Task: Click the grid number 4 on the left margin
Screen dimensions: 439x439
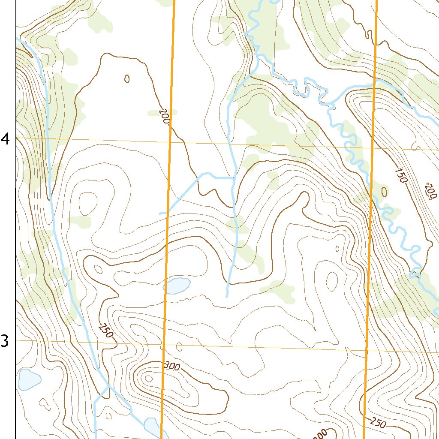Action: tap(6, 139)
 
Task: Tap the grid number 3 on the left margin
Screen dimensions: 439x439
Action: tap(5, 341)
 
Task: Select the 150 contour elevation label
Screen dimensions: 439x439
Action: tap(400, 176)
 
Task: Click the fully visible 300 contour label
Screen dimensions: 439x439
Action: tap(172, 366)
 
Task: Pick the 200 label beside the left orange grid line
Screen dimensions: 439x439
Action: tap(164, 116)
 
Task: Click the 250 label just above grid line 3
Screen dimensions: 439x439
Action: tap(105, 331)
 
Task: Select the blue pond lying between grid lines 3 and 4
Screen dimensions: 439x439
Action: tap(177, 286)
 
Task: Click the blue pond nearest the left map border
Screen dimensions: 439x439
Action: tap(28, 379)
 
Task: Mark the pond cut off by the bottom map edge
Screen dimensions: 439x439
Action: tap(152, 426)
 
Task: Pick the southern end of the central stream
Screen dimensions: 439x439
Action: tap(227, 296)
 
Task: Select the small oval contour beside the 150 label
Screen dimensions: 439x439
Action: tap(384, 191)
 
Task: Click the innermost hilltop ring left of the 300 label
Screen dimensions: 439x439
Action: tap(148, 379)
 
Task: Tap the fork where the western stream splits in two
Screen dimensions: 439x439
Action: tap(108, 386)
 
